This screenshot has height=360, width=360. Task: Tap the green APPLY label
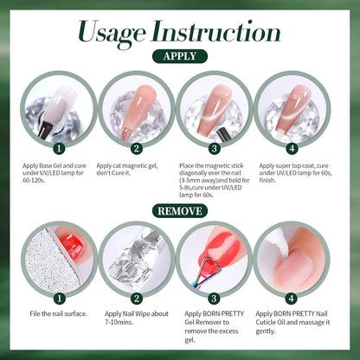(179, 56)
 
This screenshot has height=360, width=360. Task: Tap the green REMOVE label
(179, 210)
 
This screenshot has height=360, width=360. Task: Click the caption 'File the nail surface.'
(57, 313)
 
